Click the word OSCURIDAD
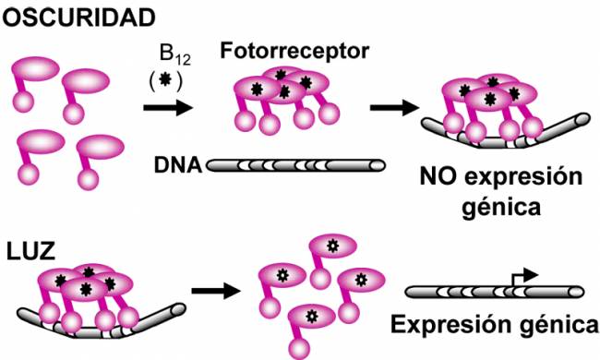[79, 17]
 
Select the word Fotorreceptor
[294, 52]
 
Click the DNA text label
[178, 165]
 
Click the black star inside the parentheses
[165, 79]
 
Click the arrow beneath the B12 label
[168, 108]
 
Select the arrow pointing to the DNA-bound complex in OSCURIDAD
[395, 107]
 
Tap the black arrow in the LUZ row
[216, 292]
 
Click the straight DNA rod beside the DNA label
[295, 165]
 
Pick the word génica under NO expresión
[501, 208]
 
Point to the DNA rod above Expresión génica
[495, 293]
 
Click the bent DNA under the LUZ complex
[102, 324]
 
